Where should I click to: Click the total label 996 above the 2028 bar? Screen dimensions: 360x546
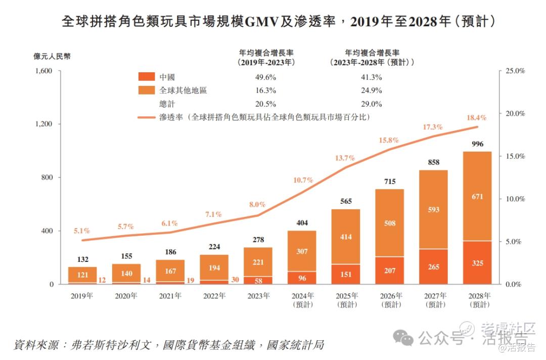[477, 144]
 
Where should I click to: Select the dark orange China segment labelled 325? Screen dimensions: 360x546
[477, 263]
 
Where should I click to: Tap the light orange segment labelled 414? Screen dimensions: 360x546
[345, 237]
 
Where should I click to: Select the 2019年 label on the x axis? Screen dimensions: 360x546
[82, 296]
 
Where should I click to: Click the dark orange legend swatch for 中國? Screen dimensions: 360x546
[146, 77]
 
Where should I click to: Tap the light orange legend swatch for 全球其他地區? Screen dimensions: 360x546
[146, 91]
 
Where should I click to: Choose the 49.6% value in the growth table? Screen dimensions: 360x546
[266, 77]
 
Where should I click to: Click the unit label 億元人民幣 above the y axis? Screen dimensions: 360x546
[52, 56]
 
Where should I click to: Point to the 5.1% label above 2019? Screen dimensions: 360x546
[81, 231]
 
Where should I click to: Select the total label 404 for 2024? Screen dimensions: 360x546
[302, 222]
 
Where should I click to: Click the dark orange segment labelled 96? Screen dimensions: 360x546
[302, 278]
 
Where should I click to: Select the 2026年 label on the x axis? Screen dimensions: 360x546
[389, 296]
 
